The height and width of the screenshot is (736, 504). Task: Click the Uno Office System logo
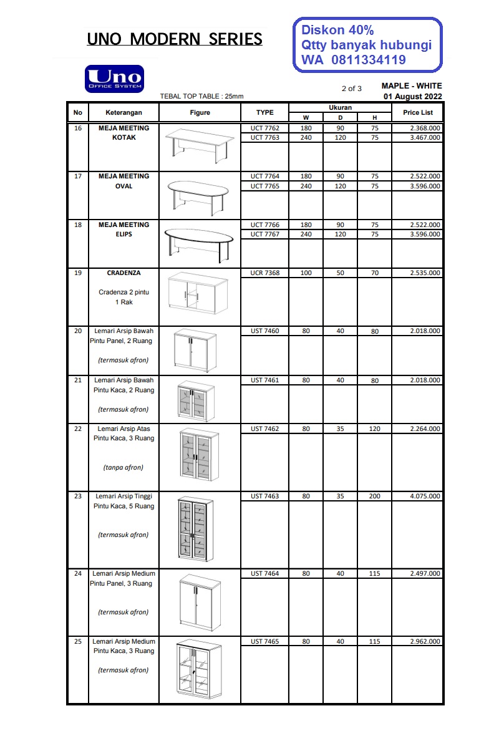[114, 79]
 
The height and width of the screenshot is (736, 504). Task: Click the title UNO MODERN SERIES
[175, 39]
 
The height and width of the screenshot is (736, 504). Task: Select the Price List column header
[417, 113]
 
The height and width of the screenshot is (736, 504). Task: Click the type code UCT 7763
[264, 138]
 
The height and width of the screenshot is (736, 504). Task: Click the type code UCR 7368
[264, 273]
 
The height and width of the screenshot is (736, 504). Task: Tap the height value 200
[374, 496]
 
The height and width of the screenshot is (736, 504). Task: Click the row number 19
[78, 273]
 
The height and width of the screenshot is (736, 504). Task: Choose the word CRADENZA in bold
[124, 273]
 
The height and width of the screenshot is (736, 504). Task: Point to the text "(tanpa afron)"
[124, 467]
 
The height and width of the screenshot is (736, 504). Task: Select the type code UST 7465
[264, 641]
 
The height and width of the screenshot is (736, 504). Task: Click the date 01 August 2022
[413, 96]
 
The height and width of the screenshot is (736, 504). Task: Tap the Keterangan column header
[124, 113]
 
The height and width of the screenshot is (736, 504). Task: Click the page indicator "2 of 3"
[351, 89]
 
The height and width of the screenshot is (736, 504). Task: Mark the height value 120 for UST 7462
[374, 429]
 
